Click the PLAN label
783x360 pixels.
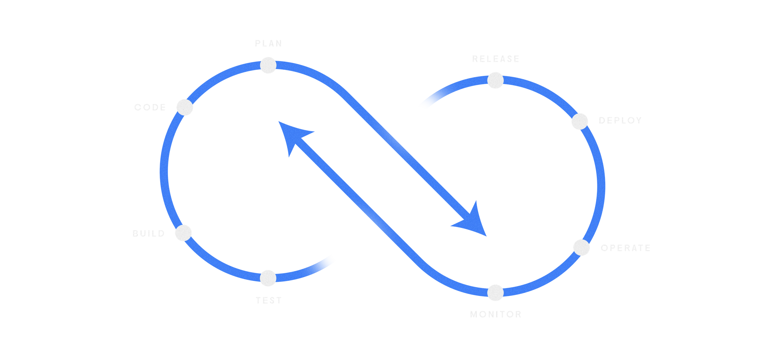pyautogui.click(x=268, y=43)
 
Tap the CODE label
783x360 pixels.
pyautogui.click(x=150, y=107)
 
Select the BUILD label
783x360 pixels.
pyautogui.click(x=149, y=233)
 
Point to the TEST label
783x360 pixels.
pyautogui.click(x=269, y=301)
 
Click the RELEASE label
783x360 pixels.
pyautogui.click(x=496, y=59)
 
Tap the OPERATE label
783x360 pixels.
pyautogui.click(x=626, y=248)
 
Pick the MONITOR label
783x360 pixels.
pyautogui.click(x=496, y=314)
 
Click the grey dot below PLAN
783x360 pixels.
pyautogui.click(x=268, y=65)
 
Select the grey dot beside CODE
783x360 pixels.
pyautogui.click(x=185, y=107)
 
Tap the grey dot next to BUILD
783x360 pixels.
pyautogui.click(x=183, y=233)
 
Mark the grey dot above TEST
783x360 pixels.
pyautogui.click(x=268, y=278)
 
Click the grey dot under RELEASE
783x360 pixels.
pyautogui.click(x=495, y=80)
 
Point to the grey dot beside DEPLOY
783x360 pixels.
pyautogui.click(x=580, y=121)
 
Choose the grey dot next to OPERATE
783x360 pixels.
pyautogui.click(x=582, y=248)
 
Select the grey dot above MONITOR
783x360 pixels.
pyautogui.click(x=495, y=293)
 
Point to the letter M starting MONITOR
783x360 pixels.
pyautogui.click(x=473, y=314)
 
